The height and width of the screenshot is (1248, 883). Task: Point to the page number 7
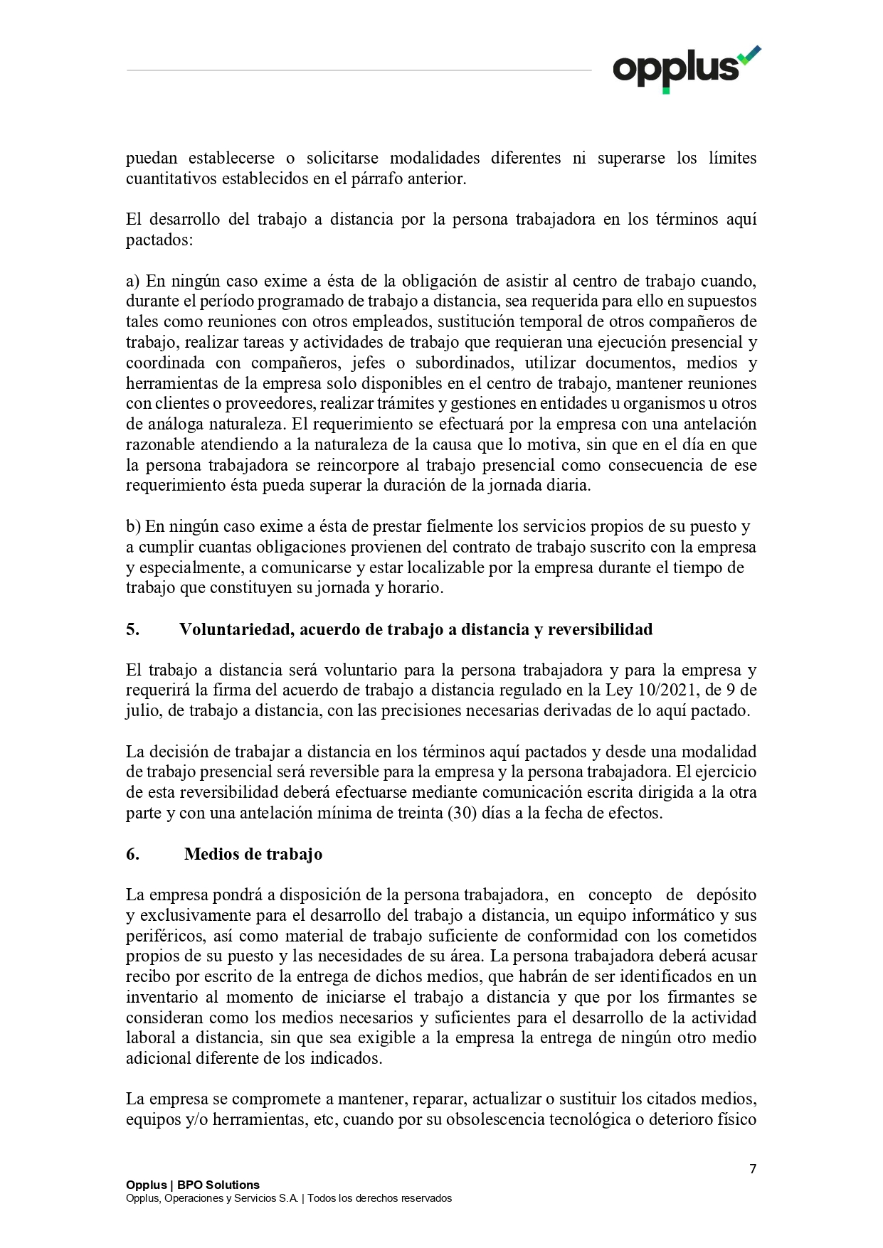click(x=753, y=1168)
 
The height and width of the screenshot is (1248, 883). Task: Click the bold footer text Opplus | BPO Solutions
click(x=192, y=1185)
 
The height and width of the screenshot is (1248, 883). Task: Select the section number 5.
click(x=132, y=629)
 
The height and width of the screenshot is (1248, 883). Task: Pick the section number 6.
click(x=132, y=854)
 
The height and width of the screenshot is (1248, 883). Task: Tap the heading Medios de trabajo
click(x=253, y=854)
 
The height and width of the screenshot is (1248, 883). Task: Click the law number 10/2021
click(x=663, y=690)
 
